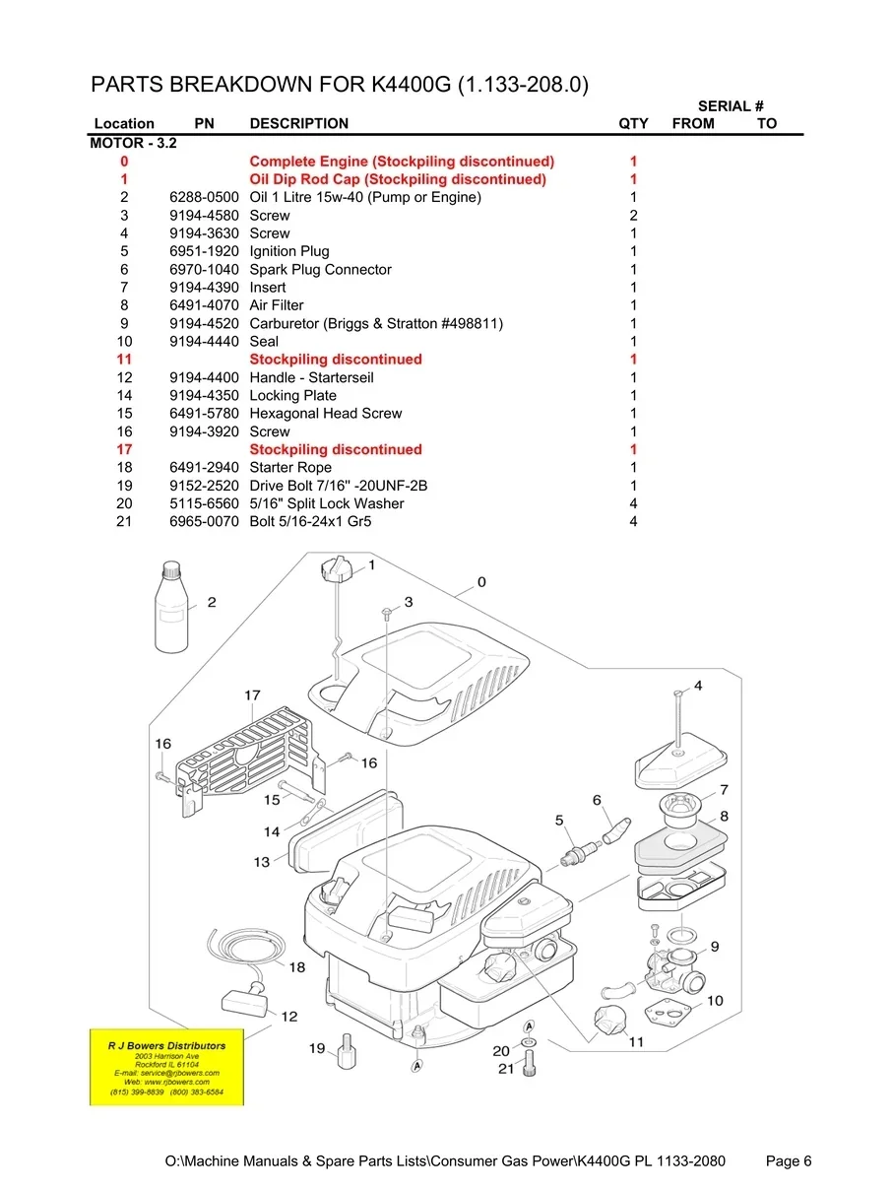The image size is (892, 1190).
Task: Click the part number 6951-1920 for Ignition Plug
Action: click(x=204, y=251)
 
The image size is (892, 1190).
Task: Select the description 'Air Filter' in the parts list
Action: click(x=277, y=305)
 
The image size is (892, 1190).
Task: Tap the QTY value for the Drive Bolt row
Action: click(x=633, y=486)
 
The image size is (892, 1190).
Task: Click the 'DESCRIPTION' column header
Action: click(x=298, y=123)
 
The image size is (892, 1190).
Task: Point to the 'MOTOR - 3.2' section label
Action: click(x=134, y=143)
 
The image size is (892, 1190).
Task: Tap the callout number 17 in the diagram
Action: click(x=253, y=695)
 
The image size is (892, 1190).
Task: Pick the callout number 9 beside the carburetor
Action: click(x=715, y=946)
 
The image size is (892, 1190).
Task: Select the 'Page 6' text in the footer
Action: click(x=789, y=1161)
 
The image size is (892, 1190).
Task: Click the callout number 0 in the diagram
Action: click(x=481, y=581)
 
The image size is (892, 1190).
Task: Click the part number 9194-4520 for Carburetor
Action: click(x=204, y=323)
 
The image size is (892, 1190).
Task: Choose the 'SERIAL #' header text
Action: click(x=732, y=105)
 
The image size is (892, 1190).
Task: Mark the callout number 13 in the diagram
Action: click(x=261, y=862)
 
